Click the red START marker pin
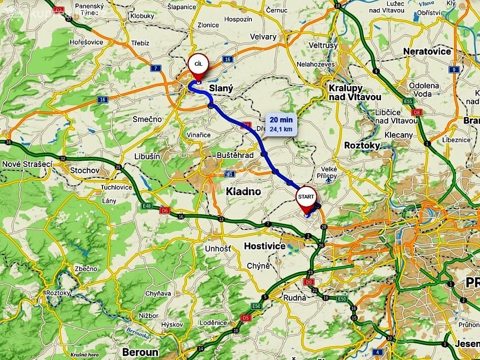[306, 196]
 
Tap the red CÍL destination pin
[198, 63]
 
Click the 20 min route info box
[281, 124]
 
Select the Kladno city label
[243, 191]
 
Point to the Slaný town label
[221, 89]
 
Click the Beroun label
[140, 352]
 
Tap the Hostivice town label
[264, 246]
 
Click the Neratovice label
[427, 52]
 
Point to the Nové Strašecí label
[27, 164]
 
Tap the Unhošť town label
[218, 248]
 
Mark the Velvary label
[263, 37]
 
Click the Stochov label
[85, 170]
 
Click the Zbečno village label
[85, 268]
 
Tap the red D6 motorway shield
[164, 211]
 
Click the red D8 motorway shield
[417, 112]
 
